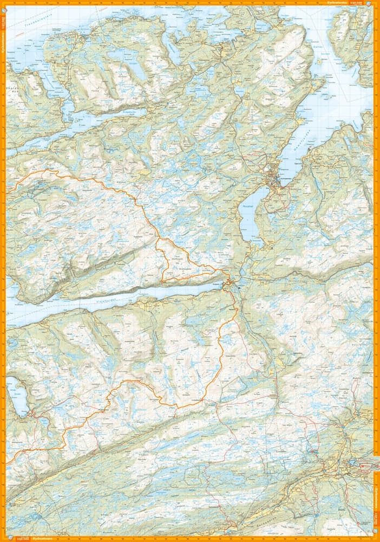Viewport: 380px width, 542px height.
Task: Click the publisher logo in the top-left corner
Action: click(x=3, y=3)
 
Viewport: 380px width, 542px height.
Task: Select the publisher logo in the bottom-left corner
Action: click(x=3, y=539)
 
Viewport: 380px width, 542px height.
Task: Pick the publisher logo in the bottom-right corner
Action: click(x=377, y=539)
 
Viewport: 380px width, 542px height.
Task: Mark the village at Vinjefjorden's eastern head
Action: click(x=230, y=282)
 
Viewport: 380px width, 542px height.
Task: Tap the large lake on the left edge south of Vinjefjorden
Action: click(x=16, y=396)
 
